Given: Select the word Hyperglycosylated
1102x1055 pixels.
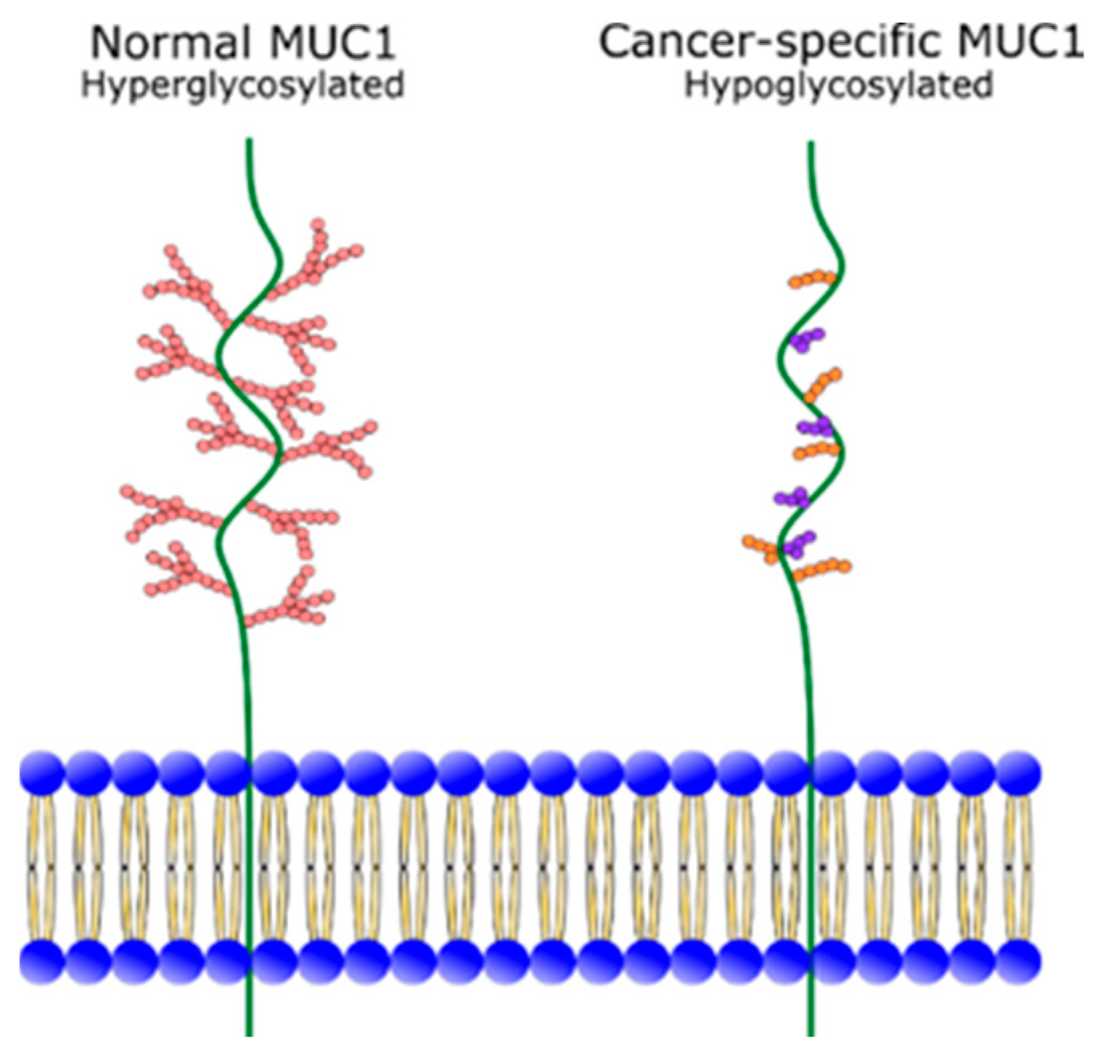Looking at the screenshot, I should click(x=242, y=85).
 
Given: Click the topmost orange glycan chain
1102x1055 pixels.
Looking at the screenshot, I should click(x=813, y=280).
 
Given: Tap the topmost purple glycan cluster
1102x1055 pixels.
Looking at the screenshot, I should click(x=807, y=339).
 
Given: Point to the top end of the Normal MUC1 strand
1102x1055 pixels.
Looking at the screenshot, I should click(x=250, y=142).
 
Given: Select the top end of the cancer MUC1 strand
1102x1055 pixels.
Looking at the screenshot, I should click(x=810, y=145).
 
